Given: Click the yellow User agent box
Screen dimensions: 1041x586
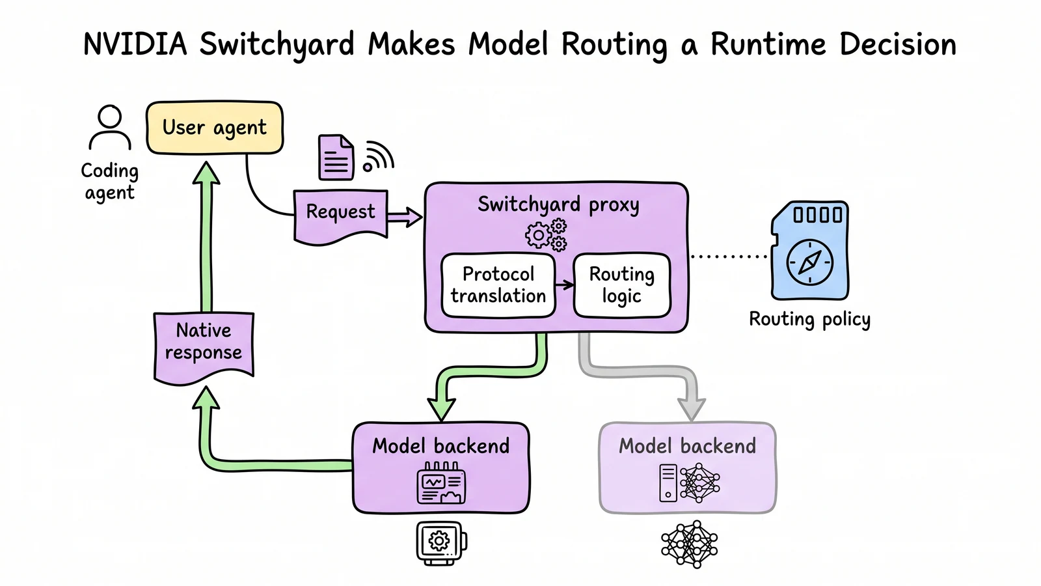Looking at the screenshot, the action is tap(215, 128).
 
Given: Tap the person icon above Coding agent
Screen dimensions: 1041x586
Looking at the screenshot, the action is tap(110, 127).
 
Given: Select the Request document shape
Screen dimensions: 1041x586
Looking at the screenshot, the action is tap(341, 216).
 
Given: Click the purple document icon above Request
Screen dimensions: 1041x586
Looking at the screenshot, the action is tap(336, 157).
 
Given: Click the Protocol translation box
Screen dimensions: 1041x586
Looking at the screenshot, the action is tap(498, 285).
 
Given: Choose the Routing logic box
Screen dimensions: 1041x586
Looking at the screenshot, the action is tap(622, 285).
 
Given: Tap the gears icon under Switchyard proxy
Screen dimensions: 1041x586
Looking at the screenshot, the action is tap(547, 236).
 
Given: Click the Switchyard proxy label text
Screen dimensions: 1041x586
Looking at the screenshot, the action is tap(558, 205).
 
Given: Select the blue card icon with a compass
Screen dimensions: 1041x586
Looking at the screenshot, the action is tap(809, 250).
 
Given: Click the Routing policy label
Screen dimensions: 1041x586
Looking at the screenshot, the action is tap(809, 320).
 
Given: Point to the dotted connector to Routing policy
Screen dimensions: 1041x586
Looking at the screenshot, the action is tap(729, 257).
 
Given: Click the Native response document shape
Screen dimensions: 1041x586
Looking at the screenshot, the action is tap(204, 348).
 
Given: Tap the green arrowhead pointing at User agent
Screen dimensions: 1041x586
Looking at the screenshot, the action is tap(206, 173).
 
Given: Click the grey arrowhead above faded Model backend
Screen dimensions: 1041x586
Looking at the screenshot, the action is tap(692, 409).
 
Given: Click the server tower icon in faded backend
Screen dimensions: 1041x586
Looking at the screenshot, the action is tap(668, 483).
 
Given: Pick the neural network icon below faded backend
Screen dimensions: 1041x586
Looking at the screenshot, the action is tap(690, 544).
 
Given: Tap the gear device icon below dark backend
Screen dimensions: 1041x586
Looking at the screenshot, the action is tap(441, 543).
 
